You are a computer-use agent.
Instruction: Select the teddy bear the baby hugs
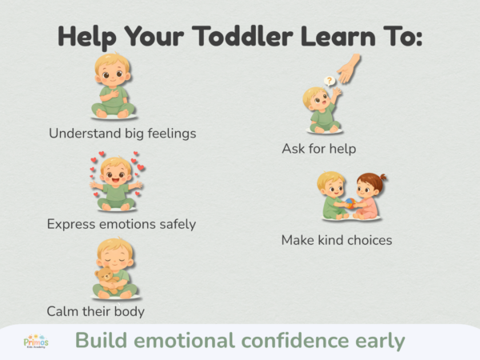tap(103, 278)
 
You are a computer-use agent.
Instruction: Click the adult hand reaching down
tap(349, 70)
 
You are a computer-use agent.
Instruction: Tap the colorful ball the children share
tap(350, 203)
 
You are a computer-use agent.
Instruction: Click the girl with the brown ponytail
tap(370, 197)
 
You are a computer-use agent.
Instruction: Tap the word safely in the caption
tap(174, 224)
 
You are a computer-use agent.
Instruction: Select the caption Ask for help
tap(318, 149)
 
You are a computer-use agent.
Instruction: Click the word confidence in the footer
tap(290, 341)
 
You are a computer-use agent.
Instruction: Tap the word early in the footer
tap(378, 341)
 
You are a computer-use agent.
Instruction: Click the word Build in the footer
tap(101, 341)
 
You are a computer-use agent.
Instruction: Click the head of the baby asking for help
tap(314, 99)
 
